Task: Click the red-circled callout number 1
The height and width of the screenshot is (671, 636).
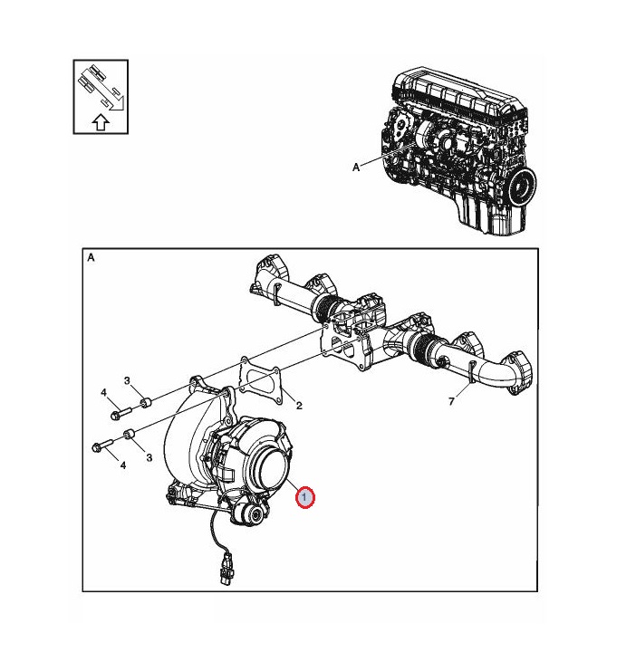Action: pos(304,497)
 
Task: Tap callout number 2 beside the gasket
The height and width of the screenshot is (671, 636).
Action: pos(299,406)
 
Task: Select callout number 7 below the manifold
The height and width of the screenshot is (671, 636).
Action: pos(451,401)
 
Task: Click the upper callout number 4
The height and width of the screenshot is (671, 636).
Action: pos(103,392)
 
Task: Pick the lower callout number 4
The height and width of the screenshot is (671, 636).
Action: pos(123,465)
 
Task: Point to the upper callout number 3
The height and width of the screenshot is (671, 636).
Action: pos(127,380)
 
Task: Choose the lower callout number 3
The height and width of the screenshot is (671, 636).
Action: pos(149,457)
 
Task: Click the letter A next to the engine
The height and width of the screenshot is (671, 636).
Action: pos(356,168)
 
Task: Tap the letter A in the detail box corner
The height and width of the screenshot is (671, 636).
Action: pos(91,257)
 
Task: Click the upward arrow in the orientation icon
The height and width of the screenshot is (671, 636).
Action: pos(101,122)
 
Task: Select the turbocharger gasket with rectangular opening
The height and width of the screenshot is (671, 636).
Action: pos(260,380)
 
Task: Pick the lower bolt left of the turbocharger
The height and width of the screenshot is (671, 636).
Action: pos(102,446)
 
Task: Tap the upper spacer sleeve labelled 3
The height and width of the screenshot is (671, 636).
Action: pos(147,403)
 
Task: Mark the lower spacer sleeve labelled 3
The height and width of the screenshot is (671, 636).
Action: pos(129,434)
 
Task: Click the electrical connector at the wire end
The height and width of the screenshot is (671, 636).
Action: pos(226,569)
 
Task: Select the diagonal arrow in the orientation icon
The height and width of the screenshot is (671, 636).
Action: pos(102,88)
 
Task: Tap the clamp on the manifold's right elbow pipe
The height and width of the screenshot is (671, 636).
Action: pos(471,371)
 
